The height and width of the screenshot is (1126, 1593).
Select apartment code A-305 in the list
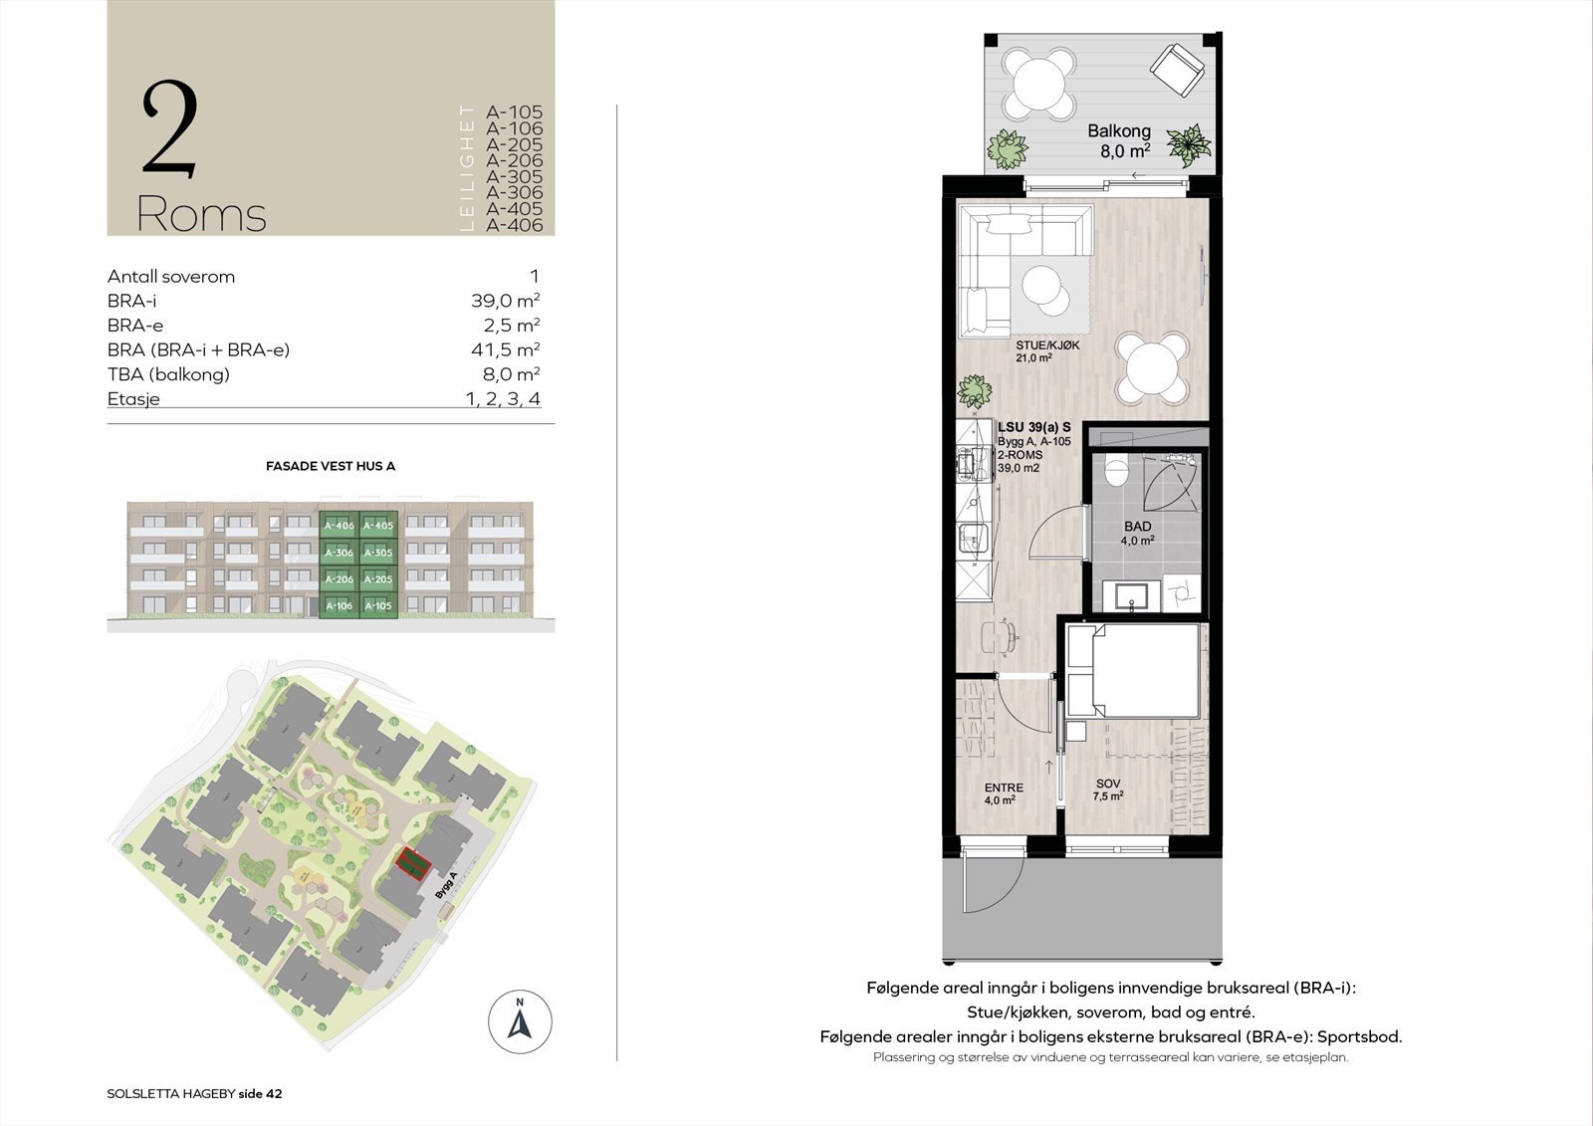pos(514,176)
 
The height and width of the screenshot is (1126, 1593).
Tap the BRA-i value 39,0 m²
pos(505,301)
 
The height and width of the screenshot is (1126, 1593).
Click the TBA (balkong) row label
pos(168,374)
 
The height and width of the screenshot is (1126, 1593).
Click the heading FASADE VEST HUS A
pos(331,465)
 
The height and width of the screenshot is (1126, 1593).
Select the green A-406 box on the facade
pos(339,526)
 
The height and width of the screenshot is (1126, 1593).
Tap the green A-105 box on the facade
pos(377,605)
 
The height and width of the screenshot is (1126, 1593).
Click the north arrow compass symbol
pos(520,1021)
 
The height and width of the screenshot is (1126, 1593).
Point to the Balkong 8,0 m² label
pos(1119,140)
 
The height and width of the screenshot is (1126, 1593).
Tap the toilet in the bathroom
pos(1116,471)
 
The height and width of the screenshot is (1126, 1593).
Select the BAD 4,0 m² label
pos(1137,533)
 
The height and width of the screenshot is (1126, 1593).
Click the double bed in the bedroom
pos(1133,669)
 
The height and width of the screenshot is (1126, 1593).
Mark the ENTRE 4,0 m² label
pos(1003,793)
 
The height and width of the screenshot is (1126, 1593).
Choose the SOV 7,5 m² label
pos(1108,789)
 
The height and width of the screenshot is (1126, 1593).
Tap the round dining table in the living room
pos(1152,365)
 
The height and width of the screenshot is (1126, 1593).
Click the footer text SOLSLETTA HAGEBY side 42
pos(194,1093)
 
